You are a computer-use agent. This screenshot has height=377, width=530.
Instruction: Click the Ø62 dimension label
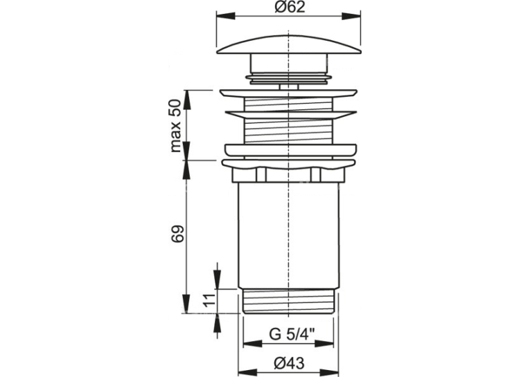290,7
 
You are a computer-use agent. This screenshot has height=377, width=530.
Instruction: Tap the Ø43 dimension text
289,363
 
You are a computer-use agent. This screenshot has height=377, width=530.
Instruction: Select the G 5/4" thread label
292,335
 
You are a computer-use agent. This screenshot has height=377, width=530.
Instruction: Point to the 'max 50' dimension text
176,126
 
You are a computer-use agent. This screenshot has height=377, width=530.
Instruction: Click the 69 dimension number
177,233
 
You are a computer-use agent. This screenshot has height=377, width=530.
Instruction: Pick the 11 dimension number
209,300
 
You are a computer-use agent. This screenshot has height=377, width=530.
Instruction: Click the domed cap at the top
288,43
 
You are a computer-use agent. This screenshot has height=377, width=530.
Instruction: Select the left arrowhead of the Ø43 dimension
248,373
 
